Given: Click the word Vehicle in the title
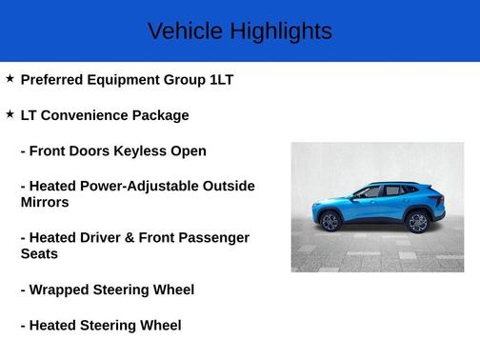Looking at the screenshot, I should [181, 31].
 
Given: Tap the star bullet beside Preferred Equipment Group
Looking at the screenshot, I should [10, 78].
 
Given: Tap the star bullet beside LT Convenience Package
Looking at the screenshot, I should [10, 113].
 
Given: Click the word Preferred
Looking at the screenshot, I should [56, 80].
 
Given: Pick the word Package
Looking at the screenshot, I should [163, 115].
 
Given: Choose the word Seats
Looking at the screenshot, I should [39, 253].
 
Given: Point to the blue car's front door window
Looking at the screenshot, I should [366, 192].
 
